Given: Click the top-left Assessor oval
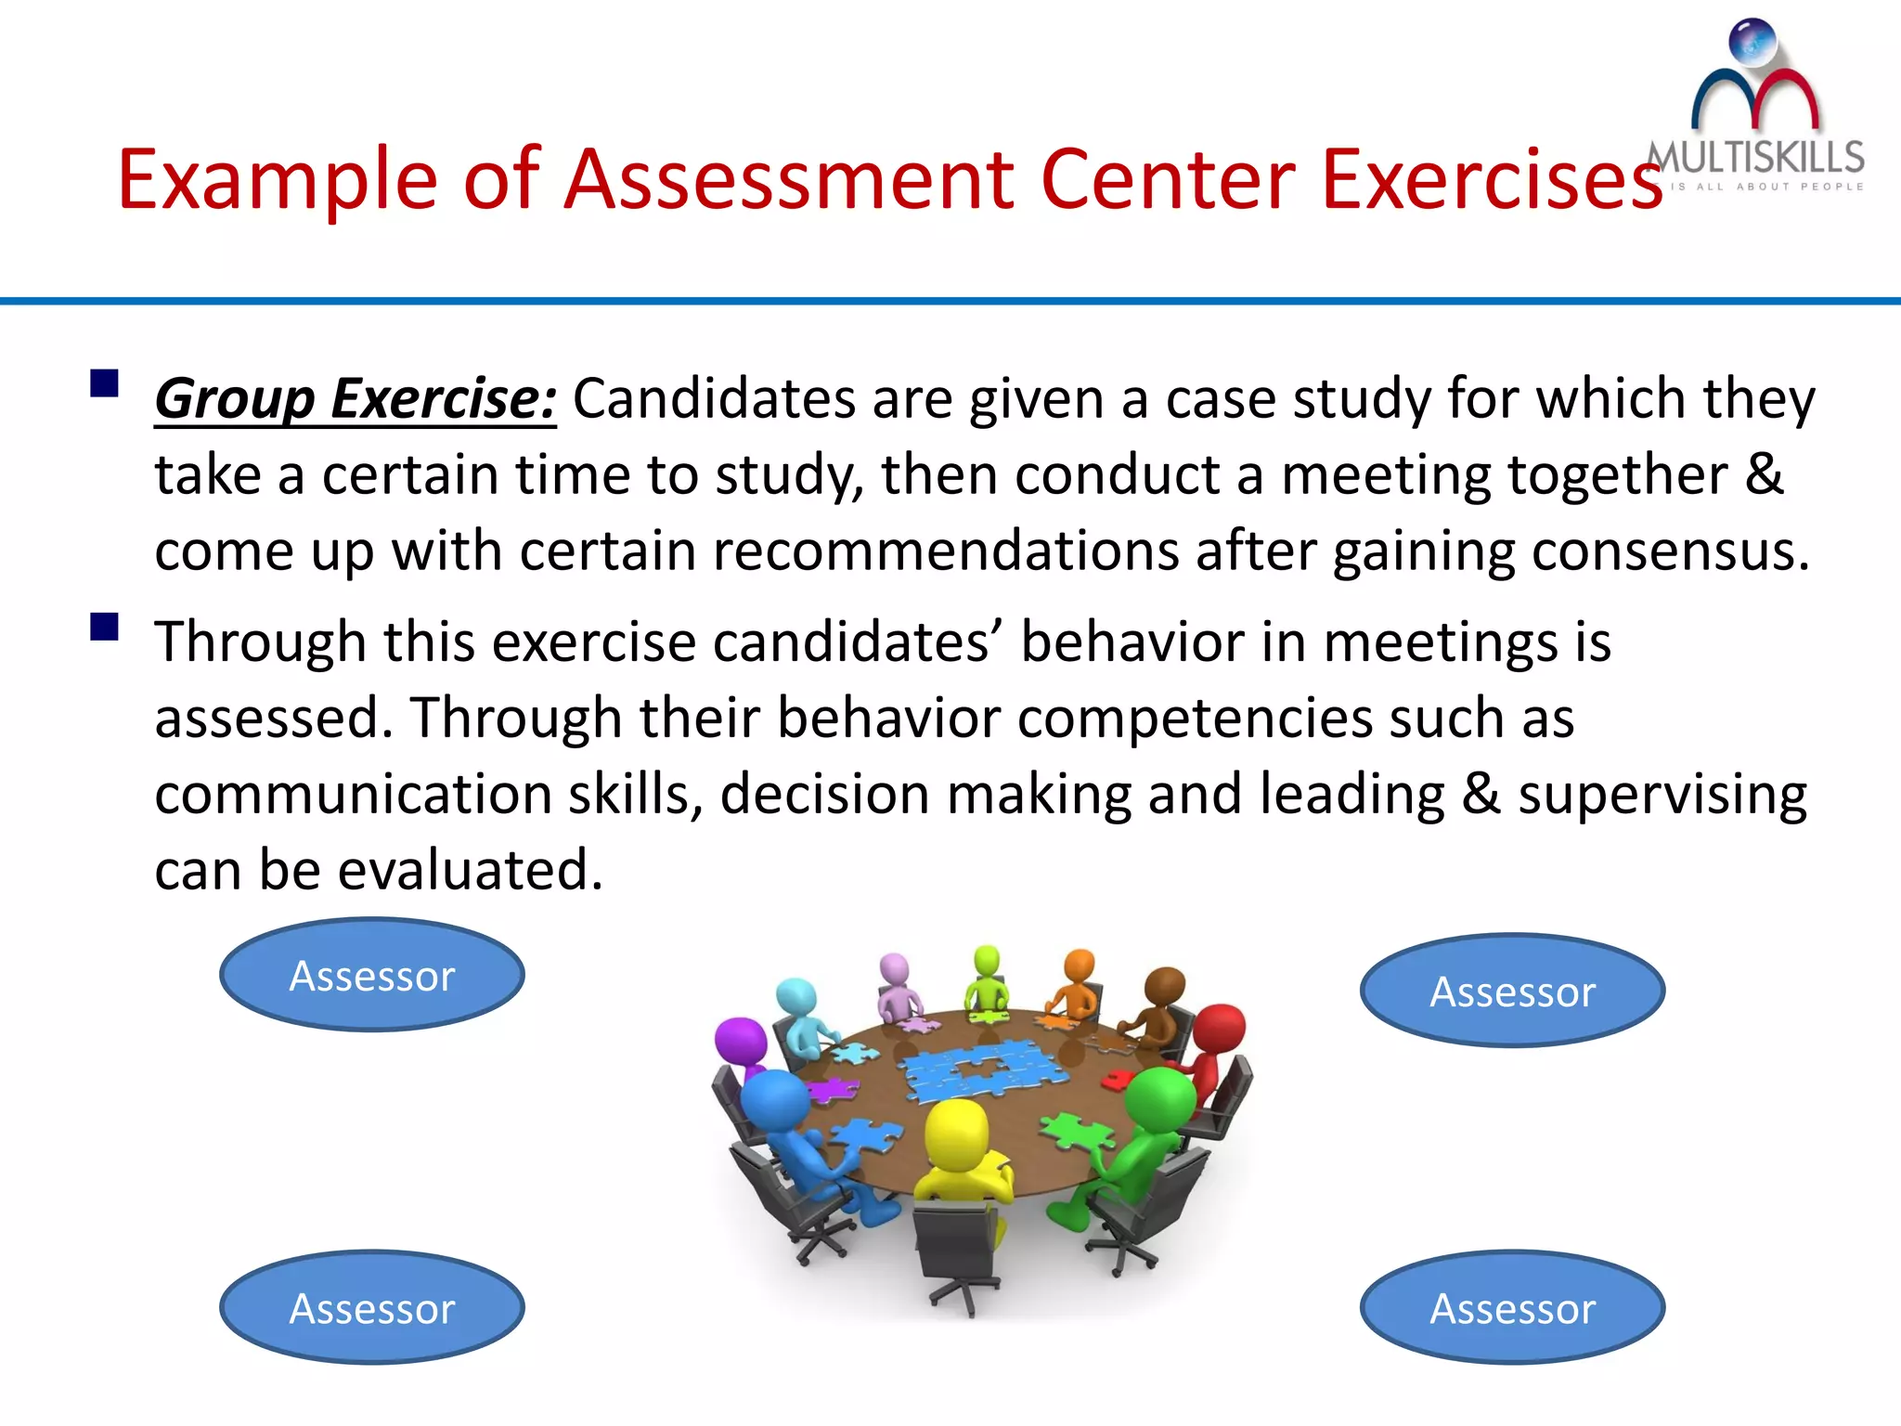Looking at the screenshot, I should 371,975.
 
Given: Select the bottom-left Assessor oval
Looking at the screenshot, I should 371,1307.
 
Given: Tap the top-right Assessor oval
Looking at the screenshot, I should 1512,991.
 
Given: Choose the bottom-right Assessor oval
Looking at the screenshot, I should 1512,1307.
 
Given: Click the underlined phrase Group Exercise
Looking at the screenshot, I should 355,399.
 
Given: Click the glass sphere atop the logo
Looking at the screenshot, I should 1752,43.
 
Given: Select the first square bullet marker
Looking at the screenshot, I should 104,383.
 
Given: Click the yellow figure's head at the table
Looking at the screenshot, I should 958,1129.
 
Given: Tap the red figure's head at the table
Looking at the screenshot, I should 1220,1029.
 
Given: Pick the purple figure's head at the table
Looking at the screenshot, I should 741,1042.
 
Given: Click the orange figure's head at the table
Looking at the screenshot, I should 1079,966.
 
